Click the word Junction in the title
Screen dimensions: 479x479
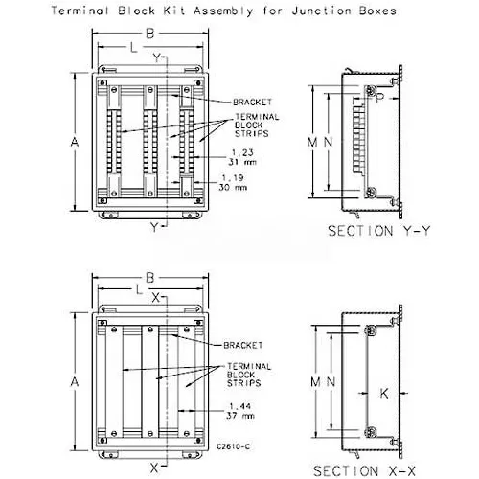(x=322, y=11)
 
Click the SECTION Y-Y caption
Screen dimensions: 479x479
(x=379, y=231)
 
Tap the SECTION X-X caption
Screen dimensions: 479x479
(x=364, y=471)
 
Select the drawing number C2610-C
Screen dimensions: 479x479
(x=233, y=446)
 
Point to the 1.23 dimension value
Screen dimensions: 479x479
(x=242, y=152)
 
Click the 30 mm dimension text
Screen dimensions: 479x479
(x=233, y=187)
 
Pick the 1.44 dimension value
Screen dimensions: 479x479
(x=240, y=406)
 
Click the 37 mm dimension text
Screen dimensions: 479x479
(x=240, y=416)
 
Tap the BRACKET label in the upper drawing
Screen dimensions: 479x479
(x=252, y=103)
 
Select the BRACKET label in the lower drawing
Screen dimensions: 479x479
(x=243, y=345)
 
